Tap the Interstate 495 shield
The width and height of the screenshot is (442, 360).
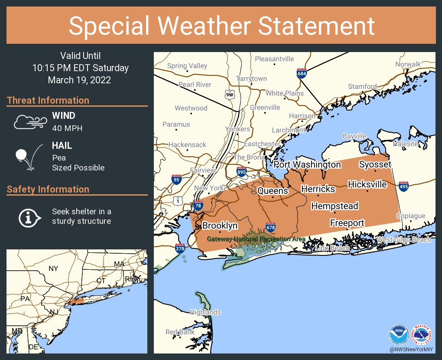[403, 187]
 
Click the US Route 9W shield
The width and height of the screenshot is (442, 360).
[230, 94]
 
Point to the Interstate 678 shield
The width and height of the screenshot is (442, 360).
[271, 227]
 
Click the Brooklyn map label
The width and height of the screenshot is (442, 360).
[220, 226]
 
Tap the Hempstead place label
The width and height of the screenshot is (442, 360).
[335, 206]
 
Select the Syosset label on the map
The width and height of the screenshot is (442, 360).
[375, 164]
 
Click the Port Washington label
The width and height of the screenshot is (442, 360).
[307, 164]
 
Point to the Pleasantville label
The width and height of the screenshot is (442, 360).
[274, 59]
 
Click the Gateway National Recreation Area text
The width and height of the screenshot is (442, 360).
[256, 239]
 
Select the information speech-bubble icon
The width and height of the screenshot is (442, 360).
[29, 217]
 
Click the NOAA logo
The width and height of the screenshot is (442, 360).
[398, 335]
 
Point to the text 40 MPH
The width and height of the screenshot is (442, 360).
[67, 128]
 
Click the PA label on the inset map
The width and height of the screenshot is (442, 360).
[25, 298]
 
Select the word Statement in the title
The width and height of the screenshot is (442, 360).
[316, 26]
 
